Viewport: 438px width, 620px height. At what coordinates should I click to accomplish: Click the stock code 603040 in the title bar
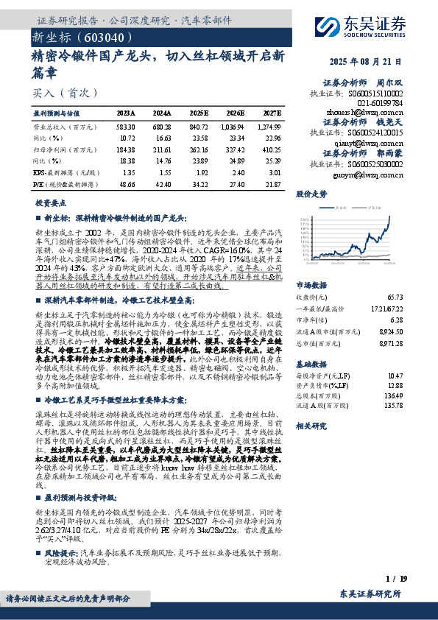110,37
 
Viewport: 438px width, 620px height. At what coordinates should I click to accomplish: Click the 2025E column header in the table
199,113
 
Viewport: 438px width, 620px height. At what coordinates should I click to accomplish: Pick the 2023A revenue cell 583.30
126,127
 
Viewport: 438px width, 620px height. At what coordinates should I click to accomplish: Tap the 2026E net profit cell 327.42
235,149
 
